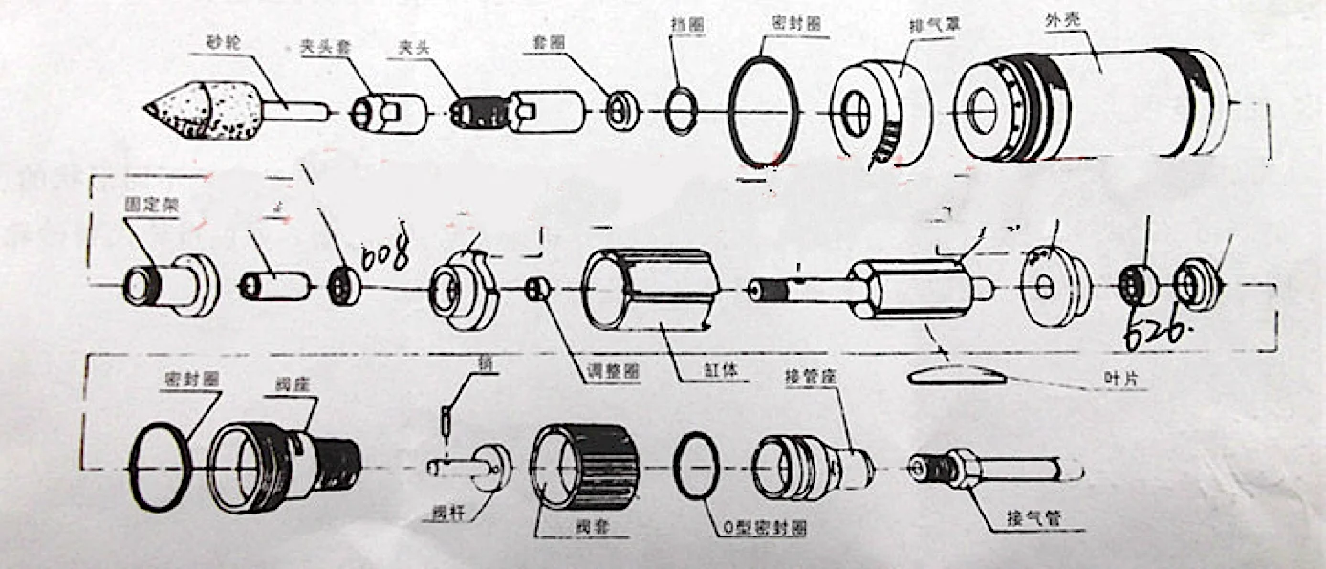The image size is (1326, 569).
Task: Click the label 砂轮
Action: [223, 43]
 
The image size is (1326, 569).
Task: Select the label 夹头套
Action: [315, 48]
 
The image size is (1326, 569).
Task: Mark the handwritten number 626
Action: [1155, 333]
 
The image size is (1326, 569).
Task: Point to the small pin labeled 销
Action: [445, 419]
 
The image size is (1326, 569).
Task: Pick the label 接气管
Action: [1033, 520]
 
